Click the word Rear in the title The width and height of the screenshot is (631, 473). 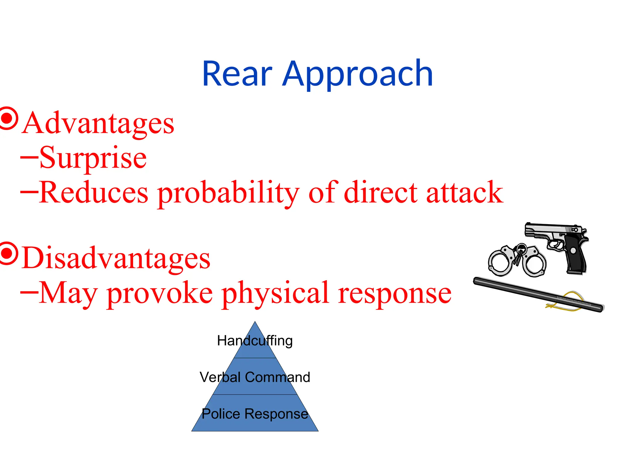click(237, 74)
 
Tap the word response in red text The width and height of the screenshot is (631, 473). click(394, 294)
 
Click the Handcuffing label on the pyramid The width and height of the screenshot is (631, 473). click(255, 341)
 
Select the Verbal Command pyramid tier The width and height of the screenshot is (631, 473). click(255, 377)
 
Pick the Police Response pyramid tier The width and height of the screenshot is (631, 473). click(255, 414)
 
